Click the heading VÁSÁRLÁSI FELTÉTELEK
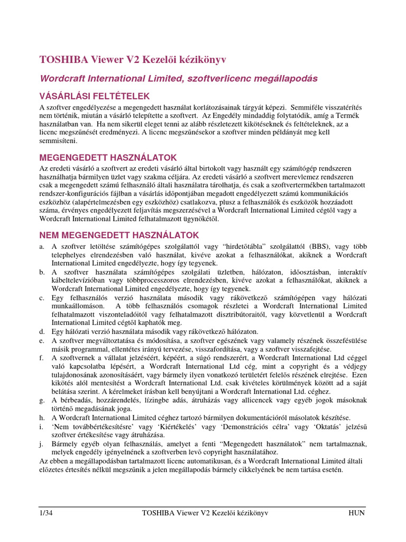[95, 96]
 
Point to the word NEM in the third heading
[51, 234]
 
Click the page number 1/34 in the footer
[47, 513]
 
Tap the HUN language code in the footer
[356, 513]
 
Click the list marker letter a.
[41, 246]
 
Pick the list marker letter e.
[41, 341]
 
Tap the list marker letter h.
[41, 418]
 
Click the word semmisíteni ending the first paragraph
[58, 141]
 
